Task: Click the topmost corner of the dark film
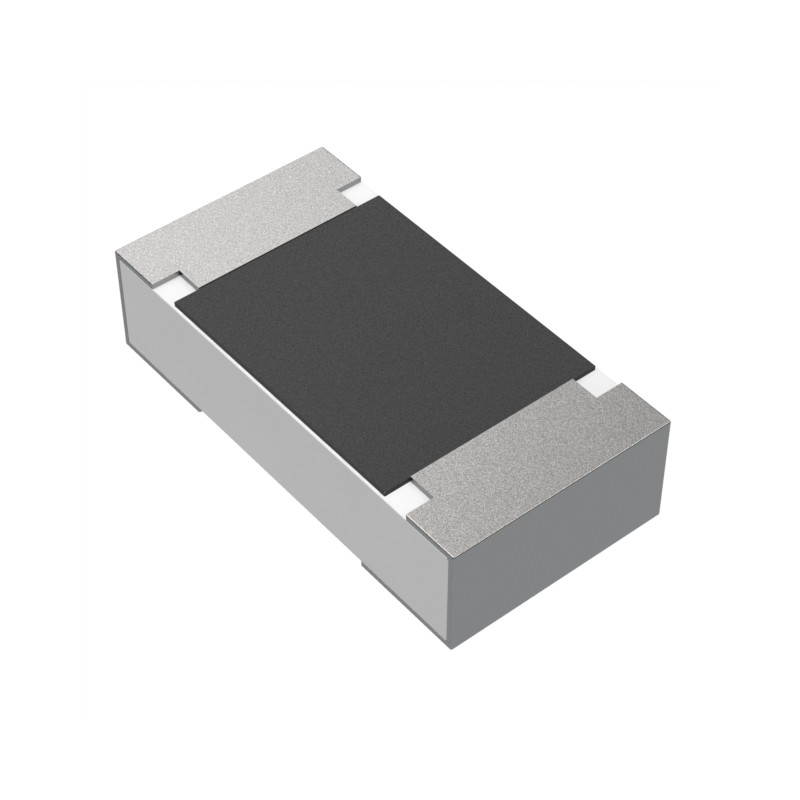pos(377,196)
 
